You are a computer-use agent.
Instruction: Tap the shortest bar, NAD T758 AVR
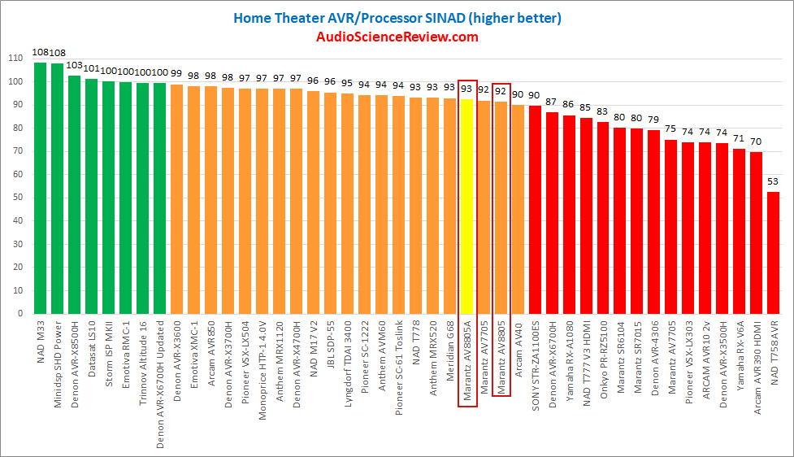click(x=773, y=253)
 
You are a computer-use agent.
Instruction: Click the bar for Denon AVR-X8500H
click(x=74, y=195)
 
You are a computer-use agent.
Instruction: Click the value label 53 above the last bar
click(x=773, y=181)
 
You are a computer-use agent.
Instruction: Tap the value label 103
click(x=74, y=65)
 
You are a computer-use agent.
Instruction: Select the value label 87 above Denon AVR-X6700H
click(x=552, y=102)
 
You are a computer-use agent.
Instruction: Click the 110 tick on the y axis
click(x=15, y=59)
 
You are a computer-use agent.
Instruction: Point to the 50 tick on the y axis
click(x=17, y=198)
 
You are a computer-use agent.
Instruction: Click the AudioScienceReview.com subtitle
click(x=397, y=37)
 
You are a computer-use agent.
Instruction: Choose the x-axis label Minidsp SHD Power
click(x=58, y=354)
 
